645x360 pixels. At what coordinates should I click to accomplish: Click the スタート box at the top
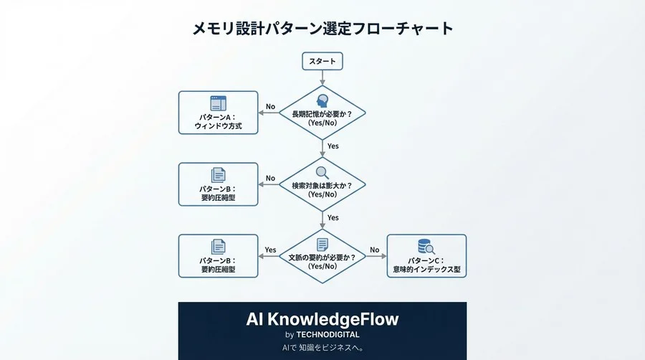pyautogui.click(x=322, y=61)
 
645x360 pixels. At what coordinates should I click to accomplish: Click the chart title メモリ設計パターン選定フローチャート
pyautogui.click(x=322, y=29)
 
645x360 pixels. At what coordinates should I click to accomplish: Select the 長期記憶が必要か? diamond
pyautogui.click(x=322, y=115)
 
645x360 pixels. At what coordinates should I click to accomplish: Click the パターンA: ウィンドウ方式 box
pyautogui.click(x=218, y=113)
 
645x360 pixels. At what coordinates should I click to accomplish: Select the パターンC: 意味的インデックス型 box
pyautogui.click(x=426, y=256)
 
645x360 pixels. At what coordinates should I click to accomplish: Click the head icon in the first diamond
pyautogui.click(x=322, y=100)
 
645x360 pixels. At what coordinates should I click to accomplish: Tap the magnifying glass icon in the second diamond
pyautogui.click(x=322, y=173)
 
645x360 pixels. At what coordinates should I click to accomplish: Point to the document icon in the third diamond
pyautogui.click(x=322, y=245)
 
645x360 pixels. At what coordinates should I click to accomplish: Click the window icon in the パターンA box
pyautogui.click(x=218, y=103)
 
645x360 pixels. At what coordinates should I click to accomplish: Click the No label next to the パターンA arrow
pyautogui.click(x=270, y=107)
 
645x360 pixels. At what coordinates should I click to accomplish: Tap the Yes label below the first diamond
pyautogui.click(x=333, y=146)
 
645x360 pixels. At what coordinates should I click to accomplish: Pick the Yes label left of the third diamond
pyautogui.click(x=270, y=250)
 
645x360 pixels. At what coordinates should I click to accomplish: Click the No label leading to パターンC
pyautogui.click(x=374, y=250)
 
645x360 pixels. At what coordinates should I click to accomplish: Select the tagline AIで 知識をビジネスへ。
pyautogui.click(x=322, y=349)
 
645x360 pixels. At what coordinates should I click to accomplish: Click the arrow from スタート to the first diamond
pyautogui.click(x=322, y=77)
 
